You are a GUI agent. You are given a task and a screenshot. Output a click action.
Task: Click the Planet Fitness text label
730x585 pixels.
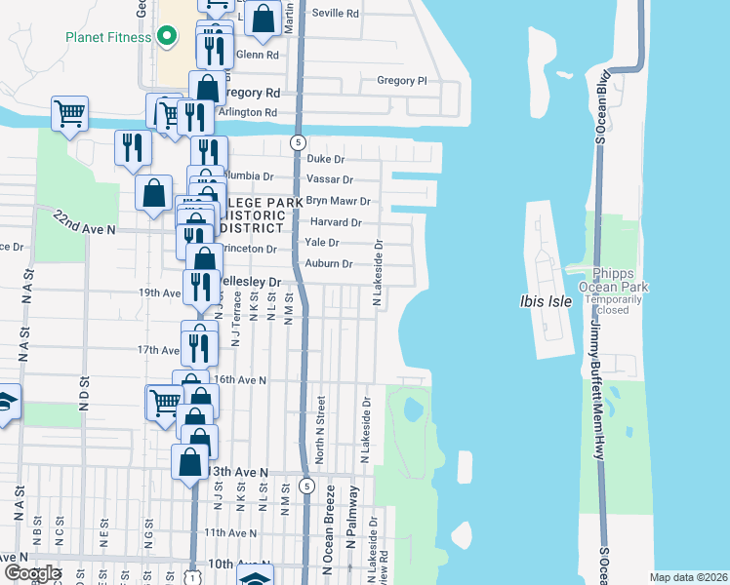click(x=107, y=37)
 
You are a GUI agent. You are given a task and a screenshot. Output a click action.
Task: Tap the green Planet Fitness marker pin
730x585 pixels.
click(x=166, y=37)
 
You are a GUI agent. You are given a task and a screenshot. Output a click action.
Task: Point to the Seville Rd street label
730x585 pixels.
click(x=335, y=14)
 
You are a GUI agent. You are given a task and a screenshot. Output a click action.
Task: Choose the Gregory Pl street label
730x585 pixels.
click(x=401, y=81)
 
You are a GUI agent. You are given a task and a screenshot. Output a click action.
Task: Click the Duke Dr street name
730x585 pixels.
click(x=326, y=158)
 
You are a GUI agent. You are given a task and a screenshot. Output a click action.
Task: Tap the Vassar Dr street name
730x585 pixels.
click(x=330, y=179)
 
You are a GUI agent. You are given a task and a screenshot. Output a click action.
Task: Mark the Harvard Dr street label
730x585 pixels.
click(x=337, y=222)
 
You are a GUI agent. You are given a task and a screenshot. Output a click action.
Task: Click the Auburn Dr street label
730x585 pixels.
click(x=329, y=263)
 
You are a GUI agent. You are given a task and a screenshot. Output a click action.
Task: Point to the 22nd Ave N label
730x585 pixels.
click(x=85, y=221)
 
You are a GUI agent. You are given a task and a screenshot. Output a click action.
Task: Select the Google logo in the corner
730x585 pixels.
click(x=32, y=572)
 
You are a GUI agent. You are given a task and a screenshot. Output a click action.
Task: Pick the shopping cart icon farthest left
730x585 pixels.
click(x=69, y=115)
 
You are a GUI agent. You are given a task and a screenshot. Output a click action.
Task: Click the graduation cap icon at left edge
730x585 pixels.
click(x=5, y=403)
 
